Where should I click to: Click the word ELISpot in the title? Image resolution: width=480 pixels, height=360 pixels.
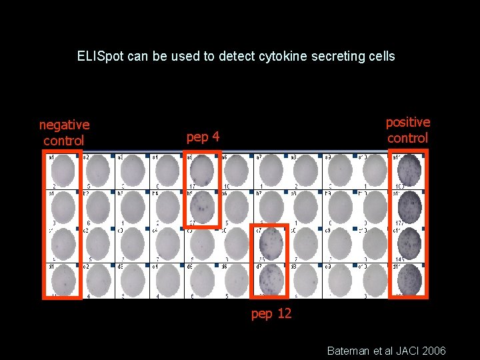[x=99, y=57]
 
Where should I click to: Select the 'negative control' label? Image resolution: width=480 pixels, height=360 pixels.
[x=64, y=133]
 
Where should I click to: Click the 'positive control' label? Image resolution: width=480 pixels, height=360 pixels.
[x=407, y=130]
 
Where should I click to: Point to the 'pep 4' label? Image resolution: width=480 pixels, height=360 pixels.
[x=203, y=137]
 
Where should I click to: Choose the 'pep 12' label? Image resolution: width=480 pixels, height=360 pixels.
[x=271, y=313]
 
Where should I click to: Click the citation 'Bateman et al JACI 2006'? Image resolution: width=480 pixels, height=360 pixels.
[x=386, y=351]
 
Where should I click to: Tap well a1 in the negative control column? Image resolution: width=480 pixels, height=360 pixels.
[x=63, y=171]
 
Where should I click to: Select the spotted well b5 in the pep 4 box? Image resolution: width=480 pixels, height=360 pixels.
[x=201, y=207]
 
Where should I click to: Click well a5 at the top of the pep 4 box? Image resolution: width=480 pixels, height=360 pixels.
[x=201, y=171]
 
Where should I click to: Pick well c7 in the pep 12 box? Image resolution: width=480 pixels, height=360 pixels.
[x=271, y=243]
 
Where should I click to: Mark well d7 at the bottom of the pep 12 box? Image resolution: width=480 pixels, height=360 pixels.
[x=271, y=279]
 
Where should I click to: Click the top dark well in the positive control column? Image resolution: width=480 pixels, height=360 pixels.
[x=408, y=171]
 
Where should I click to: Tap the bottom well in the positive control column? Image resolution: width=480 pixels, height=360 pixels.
[x=408, y=279]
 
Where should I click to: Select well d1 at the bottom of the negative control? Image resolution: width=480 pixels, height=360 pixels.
[x=63, y=279]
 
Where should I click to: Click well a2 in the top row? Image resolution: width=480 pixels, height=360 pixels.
[x=97, y=171]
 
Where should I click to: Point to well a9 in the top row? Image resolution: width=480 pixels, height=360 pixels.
[x=339, y=171]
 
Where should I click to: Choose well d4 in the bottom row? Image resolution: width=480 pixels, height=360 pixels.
[x=167, y=279]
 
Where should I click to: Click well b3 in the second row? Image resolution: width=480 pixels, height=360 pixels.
[x=132, y=207]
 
